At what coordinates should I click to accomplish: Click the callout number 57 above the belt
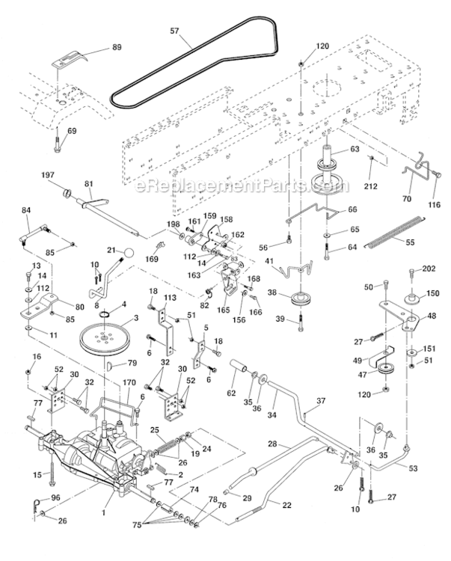click(175, 31)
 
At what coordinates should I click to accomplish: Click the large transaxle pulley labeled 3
click(105, 337)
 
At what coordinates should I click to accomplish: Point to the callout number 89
click(116, 46)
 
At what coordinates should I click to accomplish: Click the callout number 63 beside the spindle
click(355, 150)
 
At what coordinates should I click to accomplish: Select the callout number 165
click(222, 309)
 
